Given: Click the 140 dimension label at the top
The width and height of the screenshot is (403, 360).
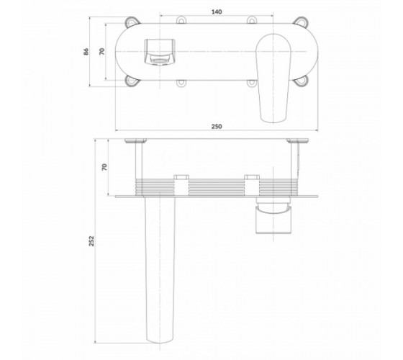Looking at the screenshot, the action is [217, 12].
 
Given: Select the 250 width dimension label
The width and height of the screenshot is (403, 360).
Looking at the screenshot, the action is [217, 127].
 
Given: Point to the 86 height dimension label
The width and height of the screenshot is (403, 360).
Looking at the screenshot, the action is [86, 51].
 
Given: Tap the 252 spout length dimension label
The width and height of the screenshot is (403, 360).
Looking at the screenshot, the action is [92, 241].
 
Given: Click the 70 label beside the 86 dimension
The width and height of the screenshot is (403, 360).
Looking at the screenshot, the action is [102, 51].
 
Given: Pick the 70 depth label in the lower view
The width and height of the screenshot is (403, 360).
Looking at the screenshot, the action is [104, 167].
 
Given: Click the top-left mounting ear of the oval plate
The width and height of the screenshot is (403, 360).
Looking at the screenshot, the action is [132, 22].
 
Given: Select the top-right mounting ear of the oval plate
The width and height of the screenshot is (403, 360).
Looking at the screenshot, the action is [301, 22].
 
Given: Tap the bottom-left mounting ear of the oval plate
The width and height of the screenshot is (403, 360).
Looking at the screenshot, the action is [132, 81].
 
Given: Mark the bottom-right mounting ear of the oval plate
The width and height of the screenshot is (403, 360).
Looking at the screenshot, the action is [301, 81].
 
